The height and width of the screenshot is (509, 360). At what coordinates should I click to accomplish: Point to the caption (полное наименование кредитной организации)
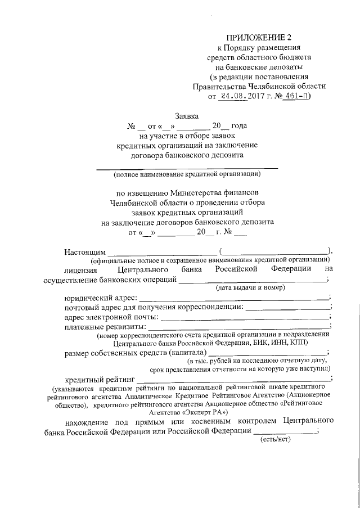[x=187, y=174]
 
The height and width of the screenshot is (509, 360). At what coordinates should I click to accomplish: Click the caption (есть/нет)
[x=274, y=439]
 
